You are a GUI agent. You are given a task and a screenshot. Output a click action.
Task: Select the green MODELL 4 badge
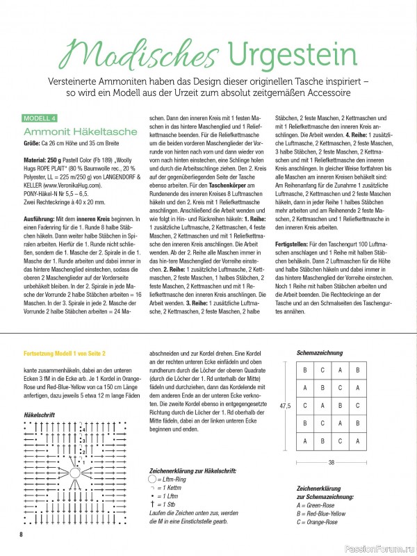point(42,117)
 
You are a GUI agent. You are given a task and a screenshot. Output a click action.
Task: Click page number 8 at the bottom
point(22,534)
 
